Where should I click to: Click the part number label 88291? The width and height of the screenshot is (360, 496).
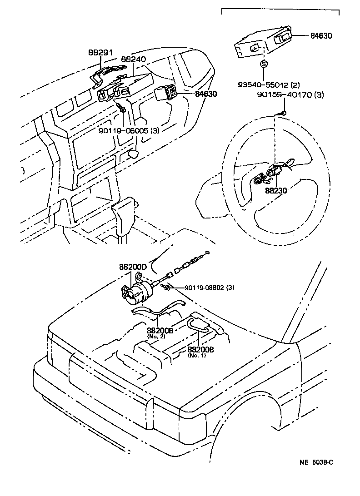click(100, 53)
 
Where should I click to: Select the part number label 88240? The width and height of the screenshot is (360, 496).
click(133, 60)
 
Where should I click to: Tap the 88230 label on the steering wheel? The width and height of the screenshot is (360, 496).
click(276, 191)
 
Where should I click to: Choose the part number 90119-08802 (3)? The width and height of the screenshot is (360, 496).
click(210, 288)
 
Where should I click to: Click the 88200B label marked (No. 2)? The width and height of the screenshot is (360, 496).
click(160, 331)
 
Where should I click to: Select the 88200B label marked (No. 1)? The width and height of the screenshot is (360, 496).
click(200, 350)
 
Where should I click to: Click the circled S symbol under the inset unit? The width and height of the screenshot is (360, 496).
click(263, 64)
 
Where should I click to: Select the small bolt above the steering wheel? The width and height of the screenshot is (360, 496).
click(283, 113)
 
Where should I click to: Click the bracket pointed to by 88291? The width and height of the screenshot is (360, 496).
click(102, 75)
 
